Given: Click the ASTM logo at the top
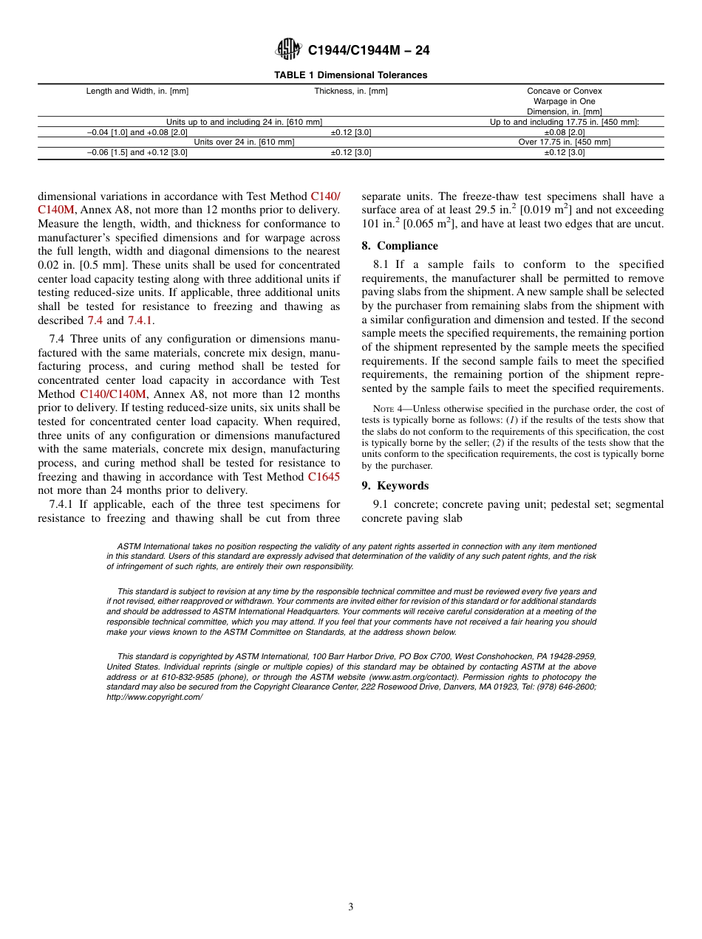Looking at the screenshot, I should click(x=287, y=49).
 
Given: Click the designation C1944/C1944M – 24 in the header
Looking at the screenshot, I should click(x=368, y=50).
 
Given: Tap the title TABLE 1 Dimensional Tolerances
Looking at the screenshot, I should click(x=350, y=75).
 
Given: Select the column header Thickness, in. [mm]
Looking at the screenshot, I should click(x=350, y=92).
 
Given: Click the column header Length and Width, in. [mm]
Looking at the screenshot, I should click(x=137, y=92).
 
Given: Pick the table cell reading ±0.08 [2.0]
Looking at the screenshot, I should click(x=564, y=132).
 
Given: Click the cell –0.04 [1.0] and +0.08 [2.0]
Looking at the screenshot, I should click(x=137, y=132).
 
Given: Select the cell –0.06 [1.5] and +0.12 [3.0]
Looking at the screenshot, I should click(x=137, y=153).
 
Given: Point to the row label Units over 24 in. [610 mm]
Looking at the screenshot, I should click(x=244, y=142).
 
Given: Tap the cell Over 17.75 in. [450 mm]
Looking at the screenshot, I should click(x=564, y=142).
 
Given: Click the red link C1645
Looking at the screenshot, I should click(x=324, y=477).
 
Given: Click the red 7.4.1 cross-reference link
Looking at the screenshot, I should click(x=140, y=320).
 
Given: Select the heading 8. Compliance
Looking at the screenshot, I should click(x=400, y=246).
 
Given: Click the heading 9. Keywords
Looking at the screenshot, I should click(x=395, y=486).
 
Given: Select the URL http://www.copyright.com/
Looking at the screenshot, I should click(x=154, y=697).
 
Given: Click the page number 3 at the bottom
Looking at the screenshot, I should click(x=351, y=907).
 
